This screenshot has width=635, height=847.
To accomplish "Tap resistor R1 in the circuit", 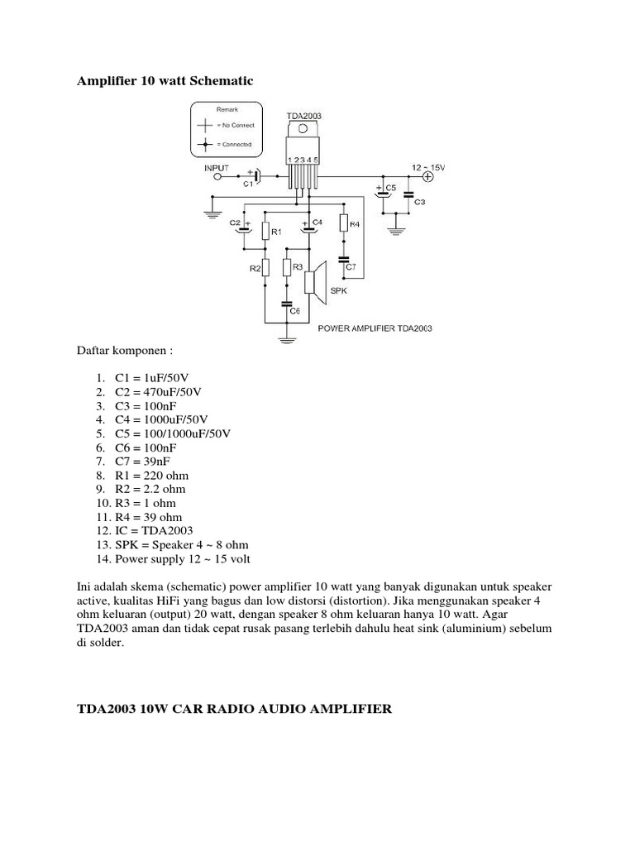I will tap(265, 232).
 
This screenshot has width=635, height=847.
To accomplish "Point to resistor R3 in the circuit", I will tap(286, 267).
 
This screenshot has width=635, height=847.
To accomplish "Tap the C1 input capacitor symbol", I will tap(255, 175).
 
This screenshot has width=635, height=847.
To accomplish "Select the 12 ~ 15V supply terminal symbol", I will tap(428, 175).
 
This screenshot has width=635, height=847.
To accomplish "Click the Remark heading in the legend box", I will tap(227, 109).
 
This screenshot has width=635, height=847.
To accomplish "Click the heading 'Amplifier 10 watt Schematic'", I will tap(165, 81).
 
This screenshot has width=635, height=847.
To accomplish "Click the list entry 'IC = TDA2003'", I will tap(155, 531).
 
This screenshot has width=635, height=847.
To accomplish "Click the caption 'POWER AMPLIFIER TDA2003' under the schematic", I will tap(375, 328).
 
